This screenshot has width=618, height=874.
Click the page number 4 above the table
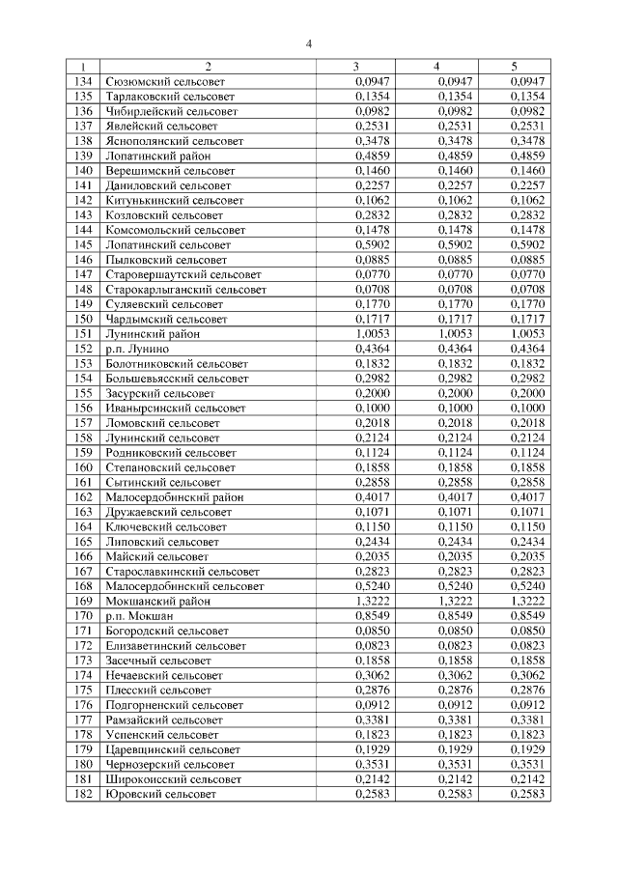pyautogui.click(x=309, y=43)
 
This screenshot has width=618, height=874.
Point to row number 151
pyautogui.click(x=83, y=333)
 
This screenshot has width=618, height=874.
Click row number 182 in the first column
pyautogui.click(x=83, y=793)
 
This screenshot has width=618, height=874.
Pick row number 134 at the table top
pyautogui.click(x=83, y=81)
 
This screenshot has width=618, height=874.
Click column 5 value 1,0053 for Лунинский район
pyautogui.click(x=527, y=333)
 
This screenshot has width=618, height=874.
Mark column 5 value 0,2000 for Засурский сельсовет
pyautogui.click(x=527, y=393)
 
